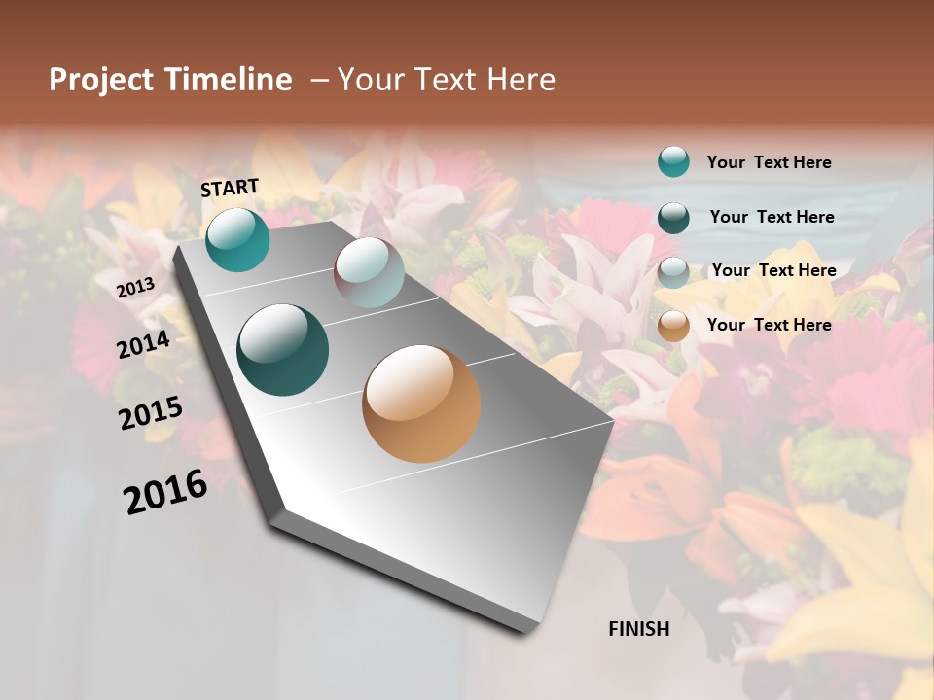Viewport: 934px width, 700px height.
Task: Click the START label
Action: point(230,188)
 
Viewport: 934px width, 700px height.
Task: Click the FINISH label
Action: point(638,629)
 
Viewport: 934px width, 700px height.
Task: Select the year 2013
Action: point(135,288)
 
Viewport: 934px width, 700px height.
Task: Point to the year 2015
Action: point(150,413)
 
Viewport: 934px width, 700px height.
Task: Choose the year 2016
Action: point(165,491)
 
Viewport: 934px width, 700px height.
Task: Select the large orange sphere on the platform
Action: point(420,403)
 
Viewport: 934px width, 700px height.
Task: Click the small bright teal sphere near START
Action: point(237,239)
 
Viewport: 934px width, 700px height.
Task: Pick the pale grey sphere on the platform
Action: point(369,271)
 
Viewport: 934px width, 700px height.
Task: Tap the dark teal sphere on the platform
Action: point(282,349)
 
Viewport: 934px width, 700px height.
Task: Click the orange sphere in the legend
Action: point(673,326)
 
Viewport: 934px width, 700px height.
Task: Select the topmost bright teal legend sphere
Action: point(673,161)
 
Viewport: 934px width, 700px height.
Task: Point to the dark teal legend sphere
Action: point(673,217)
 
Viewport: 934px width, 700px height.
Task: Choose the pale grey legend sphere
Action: point(673,271)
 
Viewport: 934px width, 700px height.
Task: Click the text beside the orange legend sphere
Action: point(769,325)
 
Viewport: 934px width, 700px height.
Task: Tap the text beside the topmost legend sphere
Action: point(769,162)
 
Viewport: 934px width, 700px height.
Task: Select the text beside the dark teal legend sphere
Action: point(772,217)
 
